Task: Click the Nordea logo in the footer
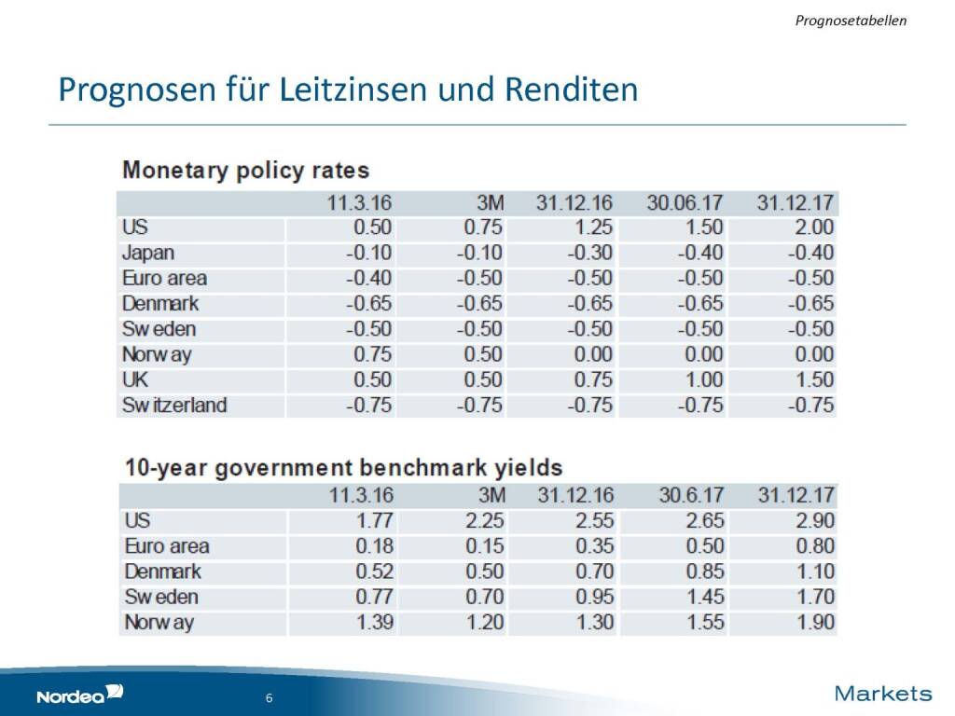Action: click(79, 695)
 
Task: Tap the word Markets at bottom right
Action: click(883, 693)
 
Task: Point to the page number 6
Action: click(269, 698)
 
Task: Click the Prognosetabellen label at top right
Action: click(851, 19)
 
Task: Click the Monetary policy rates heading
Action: click(246, 171)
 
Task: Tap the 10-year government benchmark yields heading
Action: click(343, 467)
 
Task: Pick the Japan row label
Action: click(148, 253)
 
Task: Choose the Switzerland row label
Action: click(174, 405)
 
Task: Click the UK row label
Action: click(135, 379)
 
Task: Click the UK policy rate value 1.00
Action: click(704, 379)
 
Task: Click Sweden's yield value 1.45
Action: click(706, 597)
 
